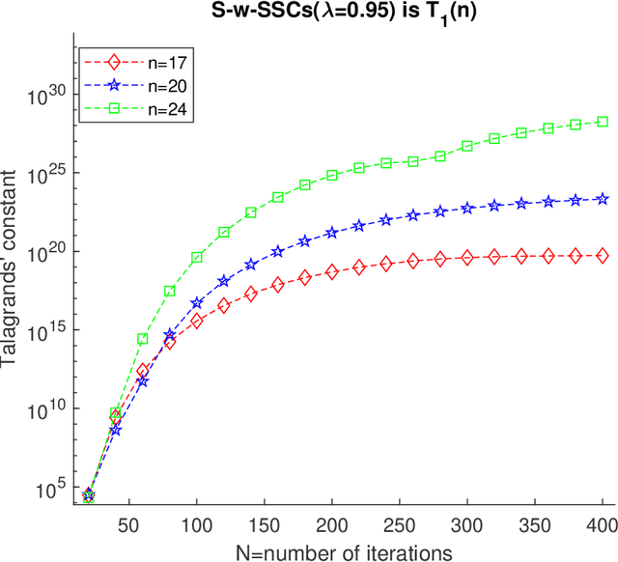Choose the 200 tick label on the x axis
(x=332, y=524)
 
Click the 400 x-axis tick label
(x=603, y=524)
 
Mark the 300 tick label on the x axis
(x=467, y=524)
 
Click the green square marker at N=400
(x=603, y=122)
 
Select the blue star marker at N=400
(x=603, y=199)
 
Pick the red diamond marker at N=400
(x=603, y=255)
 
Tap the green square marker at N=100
(x=197, y=258)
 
